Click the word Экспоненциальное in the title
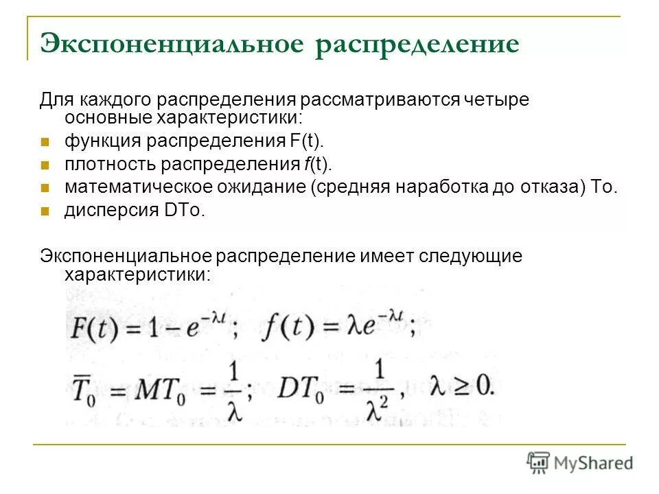(172, 43)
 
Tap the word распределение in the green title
(417, 45)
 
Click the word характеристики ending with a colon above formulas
(137, 275)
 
